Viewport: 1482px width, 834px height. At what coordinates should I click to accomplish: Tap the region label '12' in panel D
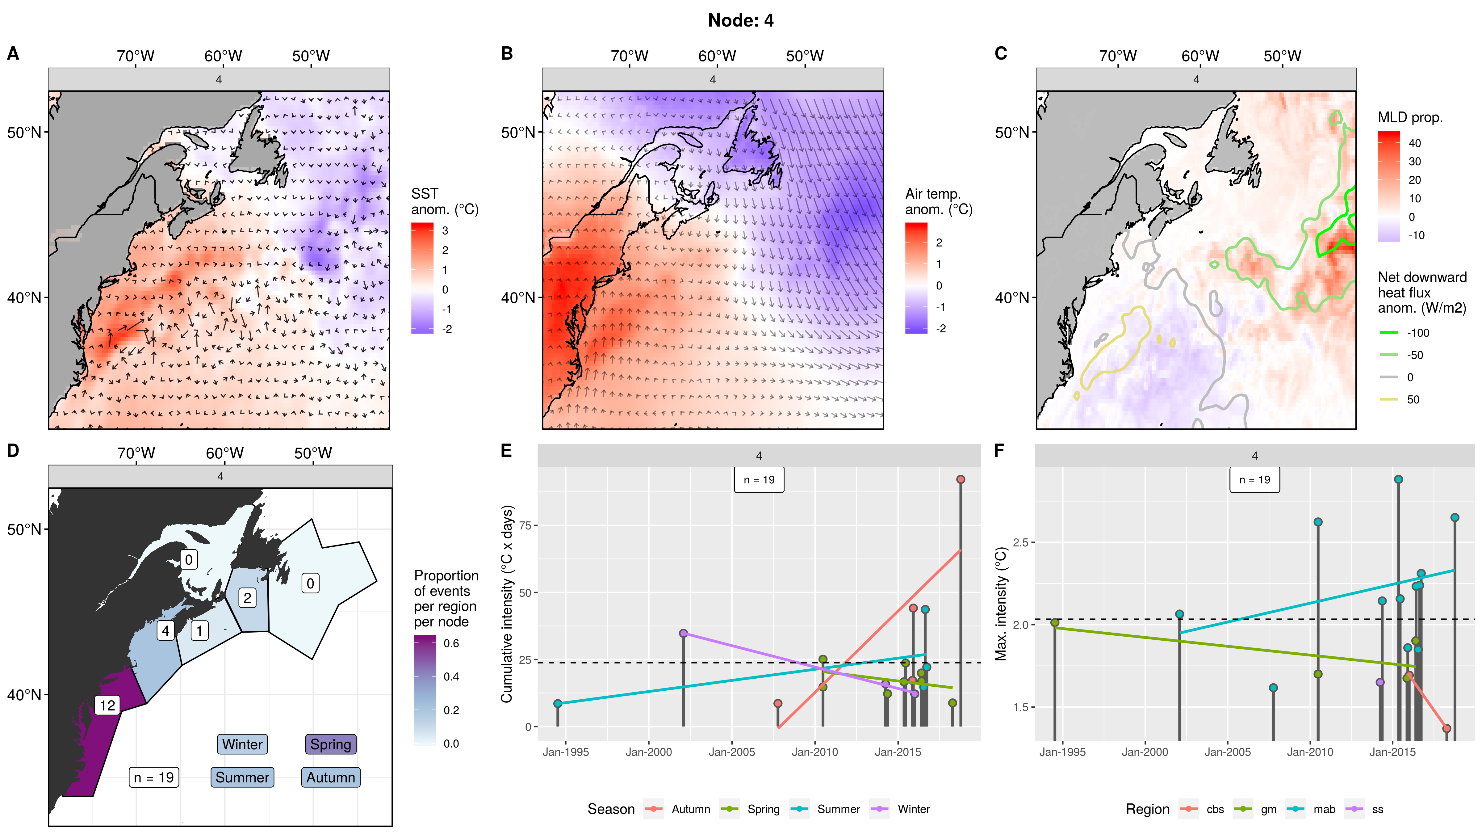[107, 705]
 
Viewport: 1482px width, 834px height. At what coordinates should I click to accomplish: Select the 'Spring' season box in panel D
[330, 744]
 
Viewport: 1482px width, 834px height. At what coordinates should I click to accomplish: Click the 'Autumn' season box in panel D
[330, 777]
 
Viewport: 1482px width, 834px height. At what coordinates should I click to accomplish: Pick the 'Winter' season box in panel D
[242, 744]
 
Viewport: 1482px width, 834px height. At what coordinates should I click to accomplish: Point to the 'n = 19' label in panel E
[759, 480]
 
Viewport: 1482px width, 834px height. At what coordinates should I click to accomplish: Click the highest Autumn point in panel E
[960, 479]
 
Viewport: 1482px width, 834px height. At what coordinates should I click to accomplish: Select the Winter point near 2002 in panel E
[684, 633]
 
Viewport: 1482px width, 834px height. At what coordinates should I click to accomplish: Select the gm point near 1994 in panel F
[1055, 623]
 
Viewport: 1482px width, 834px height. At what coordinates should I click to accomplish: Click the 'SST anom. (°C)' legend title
[444, 201]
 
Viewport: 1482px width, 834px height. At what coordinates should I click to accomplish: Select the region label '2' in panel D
[247, 598]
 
